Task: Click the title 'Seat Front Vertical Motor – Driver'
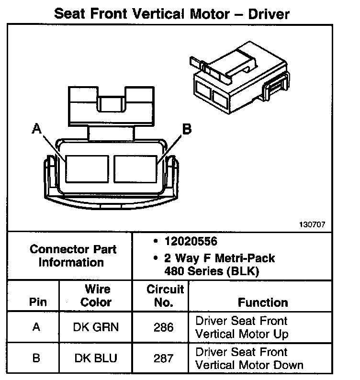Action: coord(172,13)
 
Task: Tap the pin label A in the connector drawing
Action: coord(36,128)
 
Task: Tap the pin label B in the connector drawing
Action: coord(187,128)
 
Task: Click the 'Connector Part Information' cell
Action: coord(71,256)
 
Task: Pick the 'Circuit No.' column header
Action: coord(165,296)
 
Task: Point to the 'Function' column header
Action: coord(263,302)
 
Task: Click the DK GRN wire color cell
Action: coord(96,327)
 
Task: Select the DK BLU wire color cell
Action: coord(96,358)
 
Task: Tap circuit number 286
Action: coord(163,327)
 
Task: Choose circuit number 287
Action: coord(163,358)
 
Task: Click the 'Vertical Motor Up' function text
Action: coord(242,334)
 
